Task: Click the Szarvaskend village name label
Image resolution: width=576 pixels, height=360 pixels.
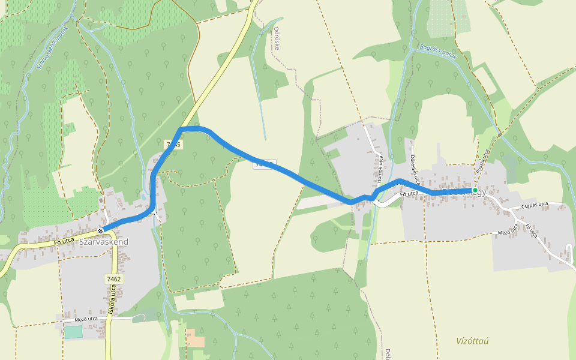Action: click(104, 241)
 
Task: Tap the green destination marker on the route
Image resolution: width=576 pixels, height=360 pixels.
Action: click(475, 190)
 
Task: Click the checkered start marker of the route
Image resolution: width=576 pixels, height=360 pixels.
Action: click(100, 230)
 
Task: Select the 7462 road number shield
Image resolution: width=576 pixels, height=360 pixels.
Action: click(113, 279)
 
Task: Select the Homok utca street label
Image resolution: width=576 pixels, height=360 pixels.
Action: click(380, 169)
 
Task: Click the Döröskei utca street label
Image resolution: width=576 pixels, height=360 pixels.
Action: click(413, 169)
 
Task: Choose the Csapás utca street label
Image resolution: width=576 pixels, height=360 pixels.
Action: click(535, 205)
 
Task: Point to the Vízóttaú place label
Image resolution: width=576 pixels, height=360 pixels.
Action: click(472, 341)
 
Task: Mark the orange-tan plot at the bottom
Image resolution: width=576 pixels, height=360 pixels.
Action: click(196, 338)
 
